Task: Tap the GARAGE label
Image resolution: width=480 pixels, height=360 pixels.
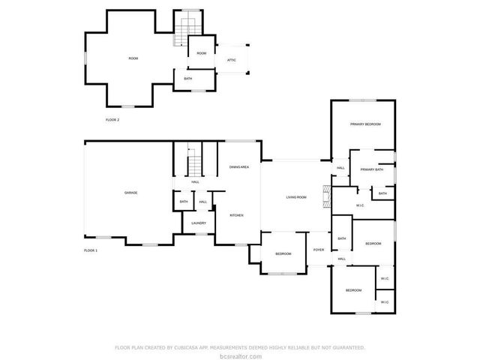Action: [x=130, y=193]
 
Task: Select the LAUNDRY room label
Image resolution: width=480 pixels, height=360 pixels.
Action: [x=199, y=223]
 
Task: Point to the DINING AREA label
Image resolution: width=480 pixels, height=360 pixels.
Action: [x=239, y=166]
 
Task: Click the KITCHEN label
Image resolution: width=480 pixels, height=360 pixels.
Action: [x=236, y=215]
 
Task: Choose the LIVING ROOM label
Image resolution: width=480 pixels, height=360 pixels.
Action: [x=296, y=197]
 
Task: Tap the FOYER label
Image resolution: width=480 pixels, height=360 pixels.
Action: [x=319, y=250]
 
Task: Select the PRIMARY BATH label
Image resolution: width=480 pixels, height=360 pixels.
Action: [x=371, y=169]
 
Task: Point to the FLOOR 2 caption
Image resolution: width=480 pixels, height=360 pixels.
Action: [x=112, y=119]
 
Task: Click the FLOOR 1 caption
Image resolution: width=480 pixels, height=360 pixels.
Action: [x=90, y=250]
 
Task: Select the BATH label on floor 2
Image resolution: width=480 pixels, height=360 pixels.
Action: [x=187, y=77]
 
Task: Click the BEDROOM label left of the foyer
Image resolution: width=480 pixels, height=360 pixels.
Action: [x=283, y=253]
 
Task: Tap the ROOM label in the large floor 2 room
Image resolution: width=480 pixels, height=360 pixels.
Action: [x=133, y=58]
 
